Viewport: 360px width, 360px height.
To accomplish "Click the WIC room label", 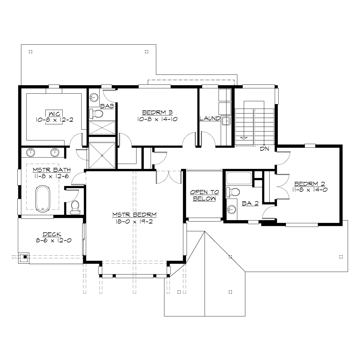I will pyautogui.click(x=50, y=113).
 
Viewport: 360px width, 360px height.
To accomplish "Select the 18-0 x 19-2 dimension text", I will pyautogui.click(x=134, y=221).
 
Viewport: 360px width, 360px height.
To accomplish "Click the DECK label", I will pyautogui.click(x=52, y=234).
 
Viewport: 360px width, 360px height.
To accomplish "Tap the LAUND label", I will pyautogui.click(x=210, y=118).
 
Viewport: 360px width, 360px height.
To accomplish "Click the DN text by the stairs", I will pyautogui.click(x=264, y=148).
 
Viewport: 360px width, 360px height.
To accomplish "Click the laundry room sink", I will pyautogui.click(x=226, y=121).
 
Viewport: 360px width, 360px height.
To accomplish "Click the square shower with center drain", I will pyautogui.click(x=102, y=155).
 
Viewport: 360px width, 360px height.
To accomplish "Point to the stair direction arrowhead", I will pyautogui.click(x=244, y=138).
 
